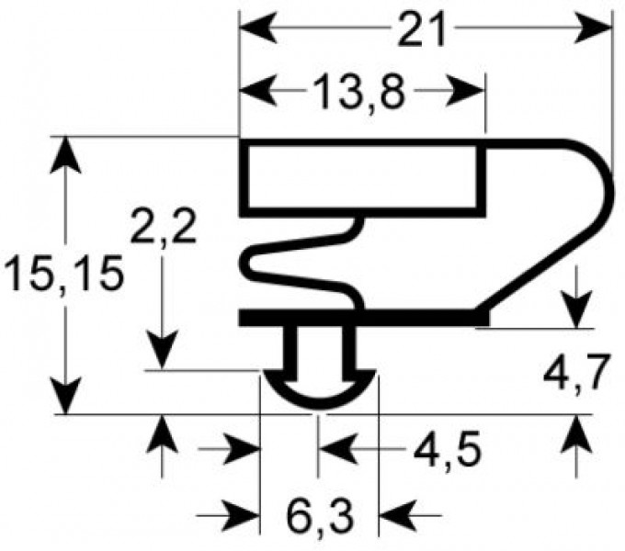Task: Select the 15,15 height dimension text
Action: coord(62,273)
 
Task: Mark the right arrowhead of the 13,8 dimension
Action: coord(471,92)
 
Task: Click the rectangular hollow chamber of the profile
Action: coord(364,178)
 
